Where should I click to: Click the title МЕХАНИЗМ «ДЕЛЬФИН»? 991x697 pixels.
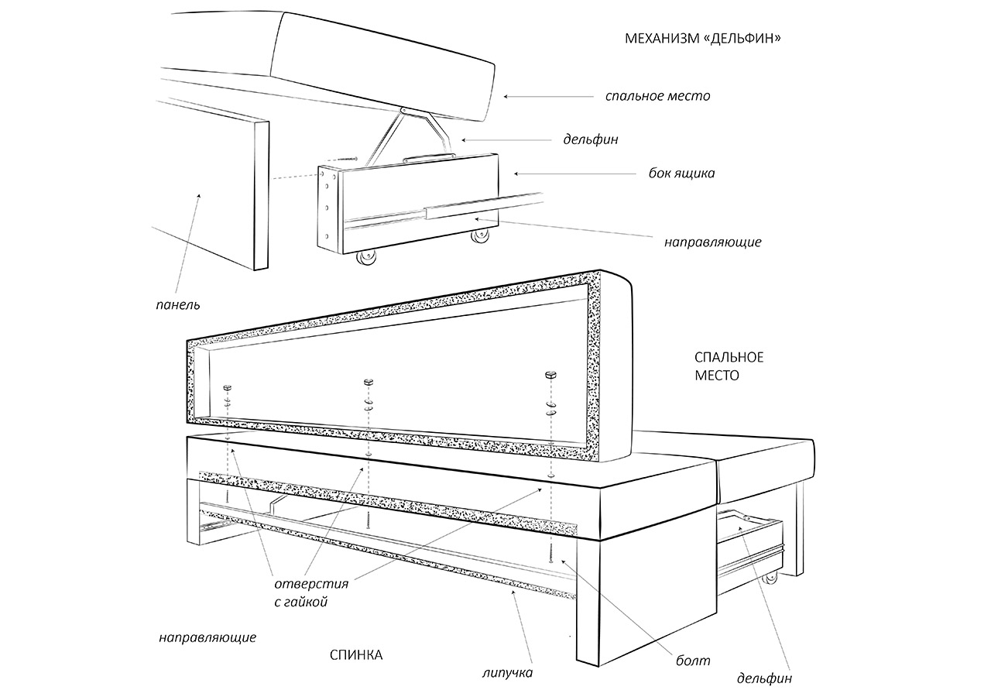point(701,38)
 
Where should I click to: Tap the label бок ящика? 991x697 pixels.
point(681,173)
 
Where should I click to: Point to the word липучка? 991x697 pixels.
point(506,672)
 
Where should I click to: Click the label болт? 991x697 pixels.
point(693,661)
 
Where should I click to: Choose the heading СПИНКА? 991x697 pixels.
point(356,655)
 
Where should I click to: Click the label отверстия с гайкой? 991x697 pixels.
point(311,592)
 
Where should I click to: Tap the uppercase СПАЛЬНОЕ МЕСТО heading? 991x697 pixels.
point(729,366)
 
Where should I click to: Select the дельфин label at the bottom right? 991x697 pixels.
point(764,678)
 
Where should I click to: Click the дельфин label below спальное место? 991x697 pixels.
point(591,140)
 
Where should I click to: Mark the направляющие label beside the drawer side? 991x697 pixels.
point(712,242)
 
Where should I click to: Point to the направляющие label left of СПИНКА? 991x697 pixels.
point(207,638)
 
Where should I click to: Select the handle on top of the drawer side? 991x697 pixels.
point(428,156)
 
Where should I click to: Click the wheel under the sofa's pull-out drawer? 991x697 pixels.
point(770,578)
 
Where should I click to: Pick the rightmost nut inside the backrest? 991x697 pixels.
point(550,373)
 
